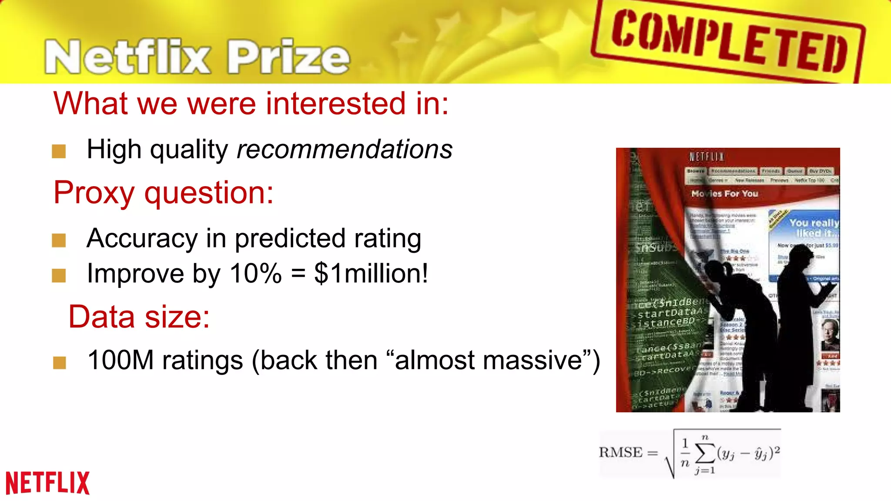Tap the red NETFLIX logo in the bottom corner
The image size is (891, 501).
point(47,483)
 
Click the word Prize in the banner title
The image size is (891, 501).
point(288,57)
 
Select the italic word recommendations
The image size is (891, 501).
point(344,149)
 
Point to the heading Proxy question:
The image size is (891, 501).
point(163,193)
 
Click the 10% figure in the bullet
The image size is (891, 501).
point(255,274)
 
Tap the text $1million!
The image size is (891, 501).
point(371,274)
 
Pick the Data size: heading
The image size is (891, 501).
point(139,317)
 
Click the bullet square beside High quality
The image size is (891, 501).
point(59,151)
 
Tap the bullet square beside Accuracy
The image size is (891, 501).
point(59,240)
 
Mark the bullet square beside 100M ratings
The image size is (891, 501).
point(59,362)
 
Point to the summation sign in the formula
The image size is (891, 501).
point(705,453)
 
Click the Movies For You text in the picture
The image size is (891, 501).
point(725,194)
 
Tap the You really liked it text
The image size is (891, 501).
point(814,228)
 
